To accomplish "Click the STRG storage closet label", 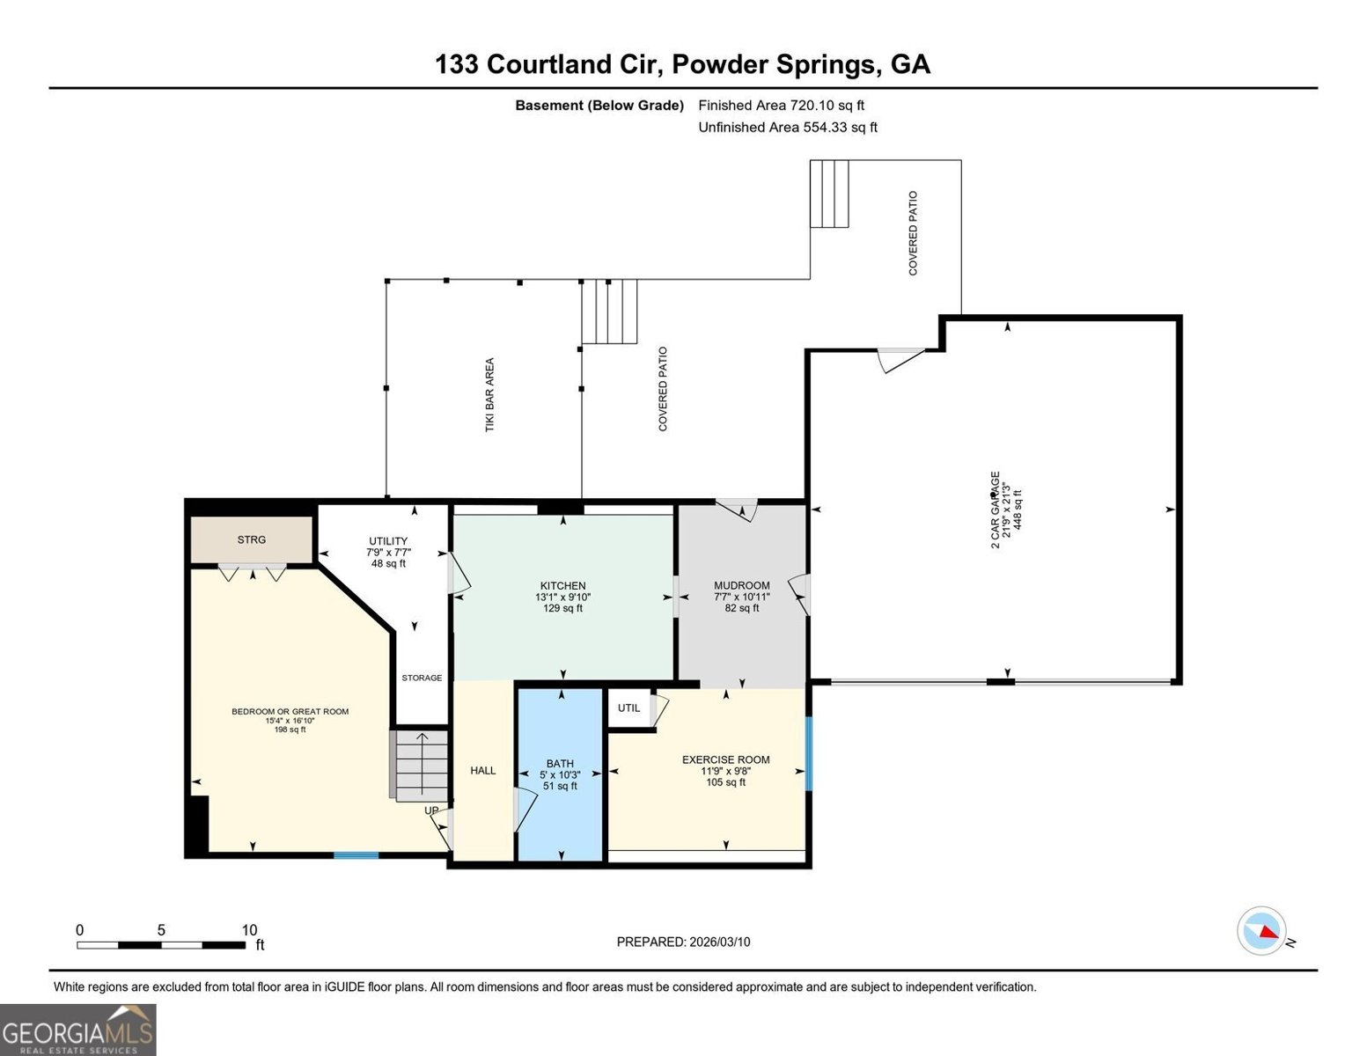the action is [251, 539].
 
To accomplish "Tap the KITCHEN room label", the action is [562, 585].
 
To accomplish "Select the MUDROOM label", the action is [742, 585].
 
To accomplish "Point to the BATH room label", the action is [560, 764].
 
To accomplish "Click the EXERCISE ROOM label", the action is [726, 759].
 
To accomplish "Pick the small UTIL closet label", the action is [628, 708].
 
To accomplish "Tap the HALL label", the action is [483, 771].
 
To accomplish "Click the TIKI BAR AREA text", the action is [489, 395].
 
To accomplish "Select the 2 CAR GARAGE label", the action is [996, 510].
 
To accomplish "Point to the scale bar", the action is [161, 945].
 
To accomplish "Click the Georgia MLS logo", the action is [78, 1030].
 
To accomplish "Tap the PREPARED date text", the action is [683, 942].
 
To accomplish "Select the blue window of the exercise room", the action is [809, 753].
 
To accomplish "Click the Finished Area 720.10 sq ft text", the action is [782, 106].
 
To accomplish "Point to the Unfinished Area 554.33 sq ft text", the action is [788, 127].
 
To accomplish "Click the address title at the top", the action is [682, 64].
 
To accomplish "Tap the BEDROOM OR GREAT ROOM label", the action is [290, 711].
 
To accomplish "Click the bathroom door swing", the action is [525, 810].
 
